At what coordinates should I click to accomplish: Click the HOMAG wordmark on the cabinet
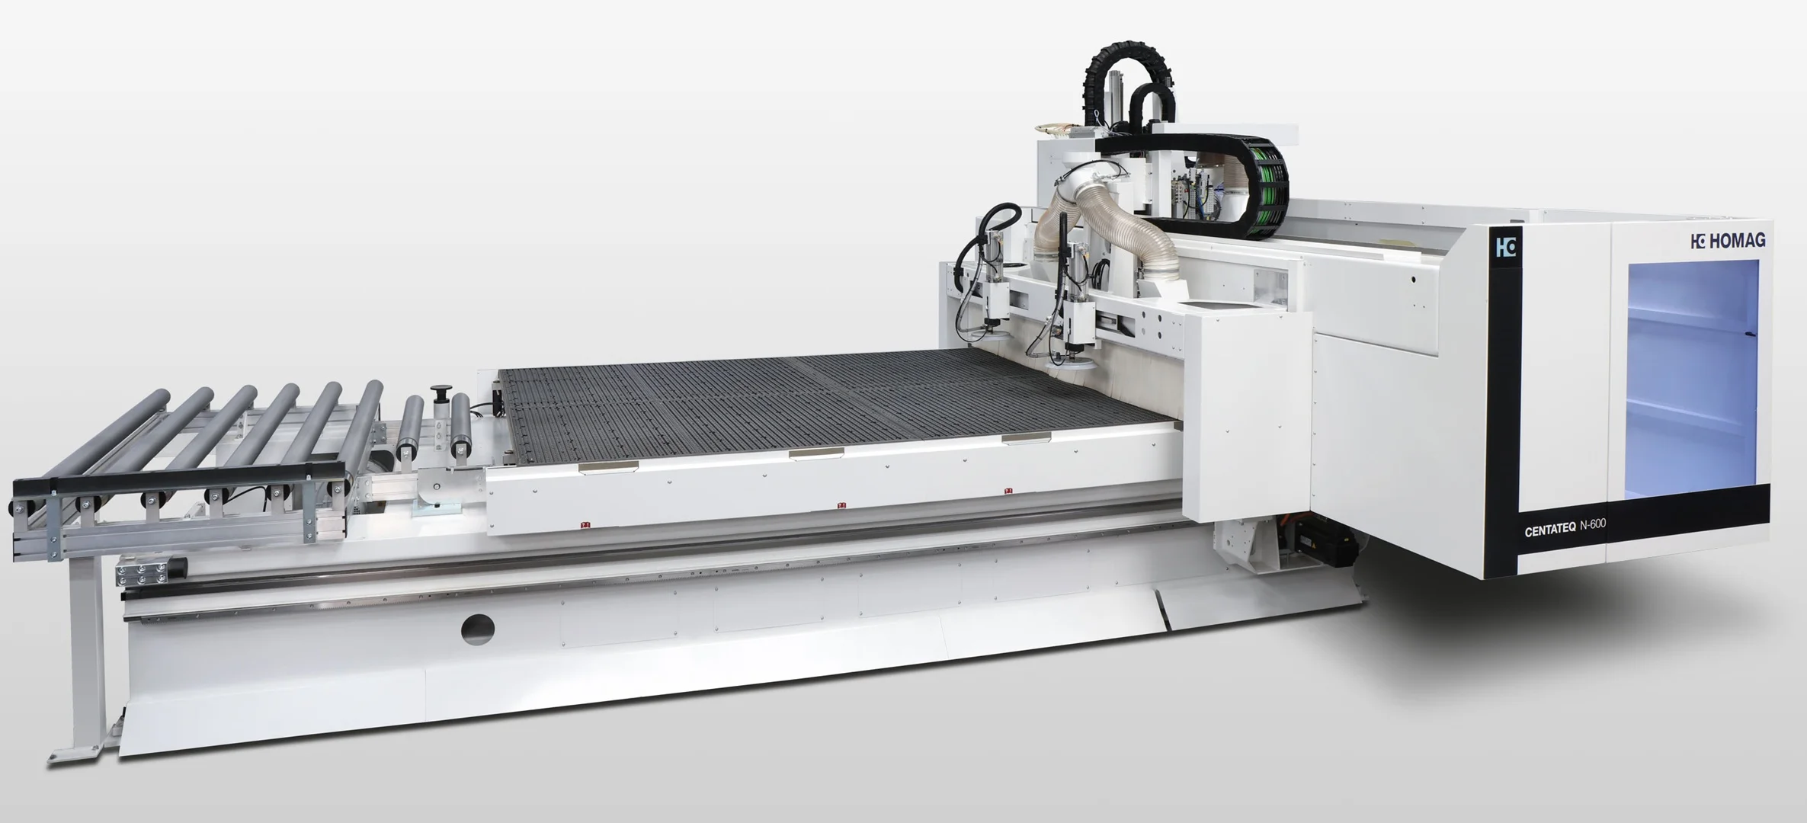[1727, 241]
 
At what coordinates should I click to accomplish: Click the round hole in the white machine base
[478, 629]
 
